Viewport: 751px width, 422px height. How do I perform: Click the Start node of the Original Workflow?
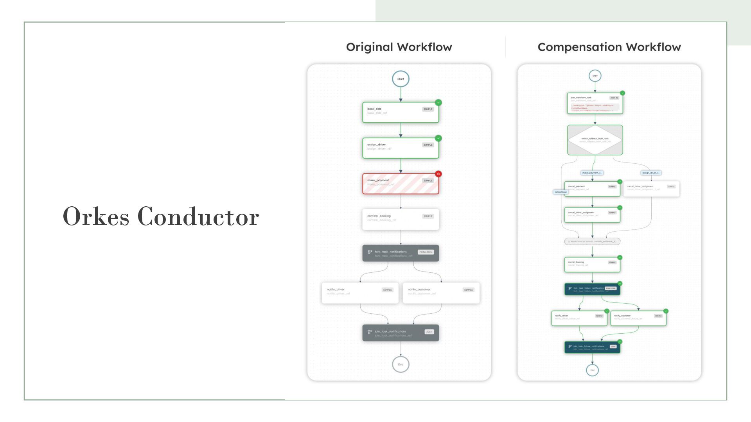click(x=401, y=79)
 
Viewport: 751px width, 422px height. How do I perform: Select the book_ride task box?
click(x=401, y=113)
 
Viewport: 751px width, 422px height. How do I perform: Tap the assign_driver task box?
click(x=401, y=148)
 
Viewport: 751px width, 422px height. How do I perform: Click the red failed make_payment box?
click(x=401, y=184)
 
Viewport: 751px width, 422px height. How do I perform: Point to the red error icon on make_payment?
click(x=438, y=174)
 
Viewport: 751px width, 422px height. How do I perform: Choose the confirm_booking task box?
click(x=401, y=219)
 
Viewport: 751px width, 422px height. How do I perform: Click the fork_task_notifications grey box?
click(x=401, y=253)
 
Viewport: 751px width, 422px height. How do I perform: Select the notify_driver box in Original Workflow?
click(x=360, y=293)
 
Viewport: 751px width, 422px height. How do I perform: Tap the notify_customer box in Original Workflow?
click(x=441, y=293)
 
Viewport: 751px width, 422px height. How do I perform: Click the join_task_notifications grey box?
click(x=401, y=333)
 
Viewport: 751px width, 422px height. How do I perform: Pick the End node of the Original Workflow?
click(x=401, y=365)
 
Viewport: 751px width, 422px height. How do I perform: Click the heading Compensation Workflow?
click(x=609, y=47)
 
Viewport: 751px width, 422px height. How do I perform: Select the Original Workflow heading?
click(x=399, y=47)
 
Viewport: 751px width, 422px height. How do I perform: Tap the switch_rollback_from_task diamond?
click(x=595, y=140)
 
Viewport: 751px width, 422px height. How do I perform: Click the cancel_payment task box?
click(x=592, y=189)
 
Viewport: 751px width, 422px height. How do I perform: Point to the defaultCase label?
click(x=561, y=192)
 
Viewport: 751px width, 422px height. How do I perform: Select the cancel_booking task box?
click(x=592, y=265)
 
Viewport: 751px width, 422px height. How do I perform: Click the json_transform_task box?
click(x=595, y=103)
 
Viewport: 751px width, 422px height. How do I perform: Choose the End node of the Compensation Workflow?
click(x=592, y=370)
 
